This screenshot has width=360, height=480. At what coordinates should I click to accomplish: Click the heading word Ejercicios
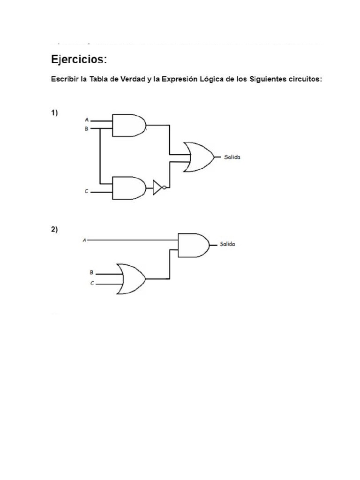79,60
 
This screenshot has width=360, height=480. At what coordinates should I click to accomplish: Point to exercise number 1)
54,113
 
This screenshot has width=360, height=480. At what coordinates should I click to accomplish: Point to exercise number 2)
54,230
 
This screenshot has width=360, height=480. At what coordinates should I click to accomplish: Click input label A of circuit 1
86,120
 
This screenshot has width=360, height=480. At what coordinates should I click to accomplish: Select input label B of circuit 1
86,128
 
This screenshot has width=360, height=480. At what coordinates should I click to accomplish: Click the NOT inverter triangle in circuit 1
157,188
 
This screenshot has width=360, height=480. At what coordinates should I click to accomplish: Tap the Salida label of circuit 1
232,157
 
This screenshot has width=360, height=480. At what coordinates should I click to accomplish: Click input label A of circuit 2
84,240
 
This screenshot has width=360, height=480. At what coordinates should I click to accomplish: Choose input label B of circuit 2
92,272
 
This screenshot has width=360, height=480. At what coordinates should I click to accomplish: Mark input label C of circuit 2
92,283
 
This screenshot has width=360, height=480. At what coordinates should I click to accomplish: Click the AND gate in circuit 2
194,245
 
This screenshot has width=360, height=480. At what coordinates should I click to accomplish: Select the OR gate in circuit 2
131,278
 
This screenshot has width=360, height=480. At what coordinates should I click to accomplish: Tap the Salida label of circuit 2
227,244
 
